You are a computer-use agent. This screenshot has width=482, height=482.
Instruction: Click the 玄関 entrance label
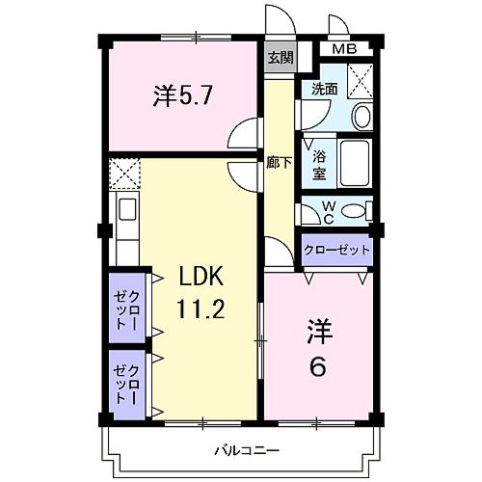281,58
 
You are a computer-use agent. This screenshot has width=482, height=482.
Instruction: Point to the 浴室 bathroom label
318,161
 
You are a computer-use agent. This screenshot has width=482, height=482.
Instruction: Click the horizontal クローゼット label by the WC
336,250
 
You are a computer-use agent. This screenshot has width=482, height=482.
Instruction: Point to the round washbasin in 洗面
361,117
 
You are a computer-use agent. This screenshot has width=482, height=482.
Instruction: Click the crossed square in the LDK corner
124,174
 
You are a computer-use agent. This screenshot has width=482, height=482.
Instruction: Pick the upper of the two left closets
126,309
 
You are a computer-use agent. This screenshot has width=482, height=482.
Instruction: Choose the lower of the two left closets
126,384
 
